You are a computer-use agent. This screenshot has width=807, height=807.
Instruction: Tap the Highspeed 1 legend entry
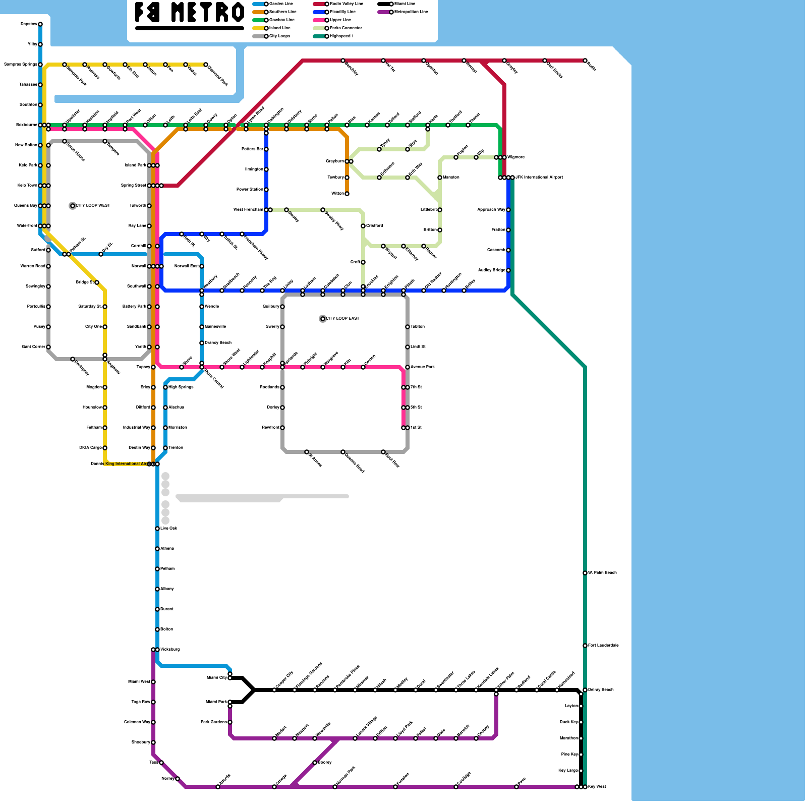click(x=341, y=36)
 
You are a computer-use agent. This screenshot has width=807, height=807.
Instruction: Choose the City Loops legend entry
click(x=279, y=36)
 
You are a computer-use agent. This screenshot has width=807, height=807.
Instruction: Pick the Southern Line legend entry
click(x=282, y=12)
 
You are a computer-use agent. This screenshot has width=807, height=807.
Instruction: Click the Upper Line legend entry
click(x=340, y=20)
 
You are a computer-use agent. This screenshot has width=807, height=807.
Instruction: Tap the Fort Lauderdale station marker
click(x=585, y=646)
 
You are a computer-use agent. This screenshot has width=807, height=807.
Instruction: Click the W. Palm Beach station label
click(x=602, y=573)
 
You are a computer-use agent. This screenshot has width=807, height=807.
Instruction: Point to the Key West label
click(x=597, y=787)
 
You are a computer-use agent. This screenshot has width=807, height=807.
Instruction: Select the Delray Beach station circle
click(x=585, y=690)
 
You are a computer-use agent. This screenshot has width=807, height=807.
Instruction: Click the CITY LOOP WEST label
click(x=93, y=206)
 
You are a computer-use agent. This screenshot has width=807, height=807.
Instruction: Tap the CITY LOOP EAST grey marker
click(x=323, y=319)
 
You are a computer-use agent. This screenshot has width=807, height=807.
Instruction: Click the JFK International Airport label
click(x=539, y=178)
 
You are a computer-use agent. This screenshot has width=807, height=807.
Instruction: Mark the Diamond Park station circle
click(x=206, y=65)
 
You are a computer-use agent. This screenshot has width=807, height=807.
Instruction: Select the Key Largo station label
click(x=568, y=771)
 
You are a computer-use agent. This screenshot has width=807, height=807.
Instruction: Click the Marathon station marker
click(x=581, y=738)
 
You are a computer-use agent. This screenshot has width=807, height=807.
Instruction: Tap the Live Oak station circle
click(x=157, y=529)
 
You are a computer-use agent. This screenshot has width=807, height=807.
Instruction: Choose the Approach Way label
click(x=491, y=210)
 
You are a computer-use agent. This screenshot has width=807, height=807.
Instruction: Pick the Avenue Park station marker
click(x=408, y=367)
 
